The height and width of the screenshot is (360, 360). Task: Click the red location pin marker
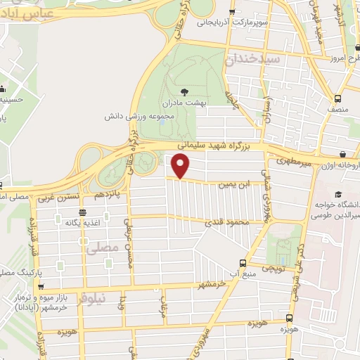point(181,166)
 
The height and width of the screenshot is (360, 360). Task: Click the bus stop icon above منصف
point(339,99)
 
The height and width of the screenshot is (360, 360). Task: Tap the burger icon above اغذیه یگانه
point(83,212)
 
